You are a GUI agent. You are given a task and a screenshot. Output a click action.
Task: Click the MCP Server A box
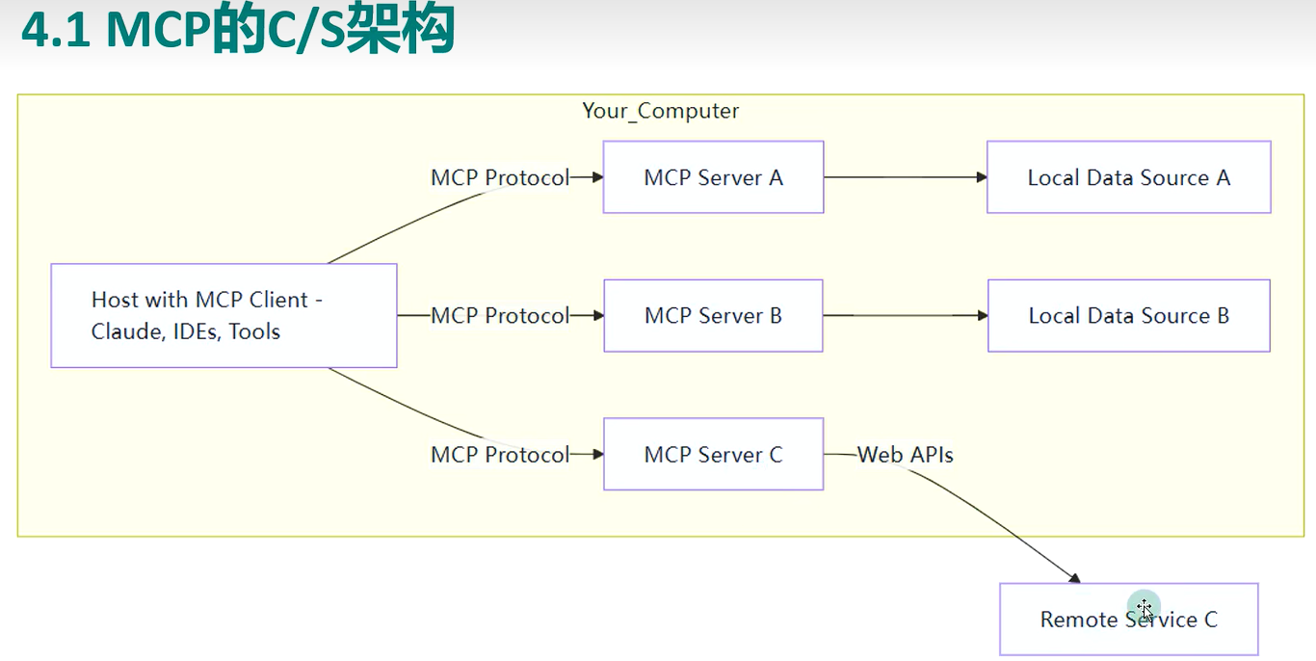click(x=713, y=177)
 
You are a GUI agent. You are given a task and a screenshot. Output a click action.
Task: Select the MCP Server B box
click(x=713, y=315)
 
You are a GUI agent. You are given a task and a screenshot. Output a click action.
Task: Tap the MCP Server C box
click(x=713, y=454)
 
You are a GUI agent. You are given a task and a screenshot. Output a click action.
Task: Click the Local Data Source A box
click(x=1128, y=177)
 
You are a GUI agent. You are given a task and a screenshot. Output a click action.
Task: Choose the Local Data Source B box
click(x=1128, y=315)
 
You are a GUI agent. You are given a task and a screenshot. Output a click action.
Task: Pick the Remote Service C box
click(x=1128, y=620)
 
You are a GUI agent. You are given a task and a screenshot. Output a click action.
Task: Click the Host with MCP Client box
click(x=224, y=315)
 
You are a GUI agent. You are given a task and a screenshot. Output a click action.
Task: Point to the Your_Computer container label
click(x=660, y=111)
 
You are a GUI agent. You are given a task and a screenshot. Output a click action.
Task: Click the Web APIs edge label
click(x=905, y=455)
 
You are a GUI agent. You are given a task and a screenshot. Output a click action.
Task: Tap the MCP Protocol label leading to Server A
click(x=500, y=177)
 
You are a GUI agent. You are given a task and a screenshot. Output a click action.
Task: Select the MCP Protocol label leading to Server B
click(x=500, y=315)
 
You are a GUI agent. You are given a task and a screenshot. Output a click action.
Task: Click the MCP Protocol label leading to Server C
click(x=500, y=455)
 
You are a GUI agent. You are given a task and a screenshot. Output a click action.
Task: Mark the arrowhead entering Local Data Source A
click(x=982, y=177)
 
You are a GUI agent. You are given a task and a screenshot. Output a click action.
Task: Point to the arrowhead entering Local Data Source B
click(x=983, y=315)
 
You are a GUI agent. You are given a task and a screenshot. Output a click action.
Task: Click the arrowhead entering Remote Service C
click(x=1074, y=578)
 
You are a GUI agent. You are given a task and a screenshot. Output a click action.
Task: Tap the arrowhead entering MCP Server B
click(x=598, y=315)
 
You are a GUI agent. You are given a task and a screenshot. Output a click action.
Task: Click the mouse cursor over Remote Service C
click(x=1145, y=609)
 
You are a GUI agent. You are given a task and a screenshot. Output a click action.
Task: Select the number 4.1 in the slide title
click(x=56, y=29)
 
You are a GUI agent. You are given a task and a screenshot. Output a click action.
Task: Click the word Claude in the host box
click(x=127, y=332)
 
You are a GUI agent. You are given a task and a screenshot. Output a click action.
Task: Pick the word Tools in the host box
click(x=254, y=332)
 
